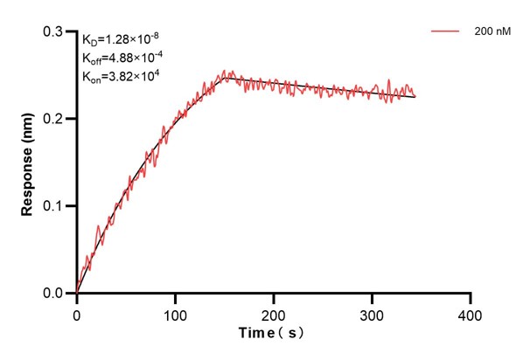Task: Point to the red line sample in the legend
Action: pos(445,31)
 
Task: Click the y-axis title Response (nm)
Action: pos(29,162)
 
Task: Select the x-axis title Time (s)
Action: pos(273,333)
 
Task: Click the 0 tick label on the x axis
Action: pos(77,312)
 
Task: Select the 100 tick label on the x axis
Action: pos(175,312)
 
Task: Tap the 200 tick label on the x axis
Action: pos(274,312)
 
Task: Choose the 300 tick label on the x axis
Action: pos(373,312)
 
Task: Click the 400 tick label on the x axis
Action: pos(471,312)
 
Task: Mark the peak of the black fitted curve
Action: pos(226,77)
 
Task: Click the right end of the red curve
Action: pos(415,96)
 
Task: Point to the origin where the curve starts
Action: pos(77,294)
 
